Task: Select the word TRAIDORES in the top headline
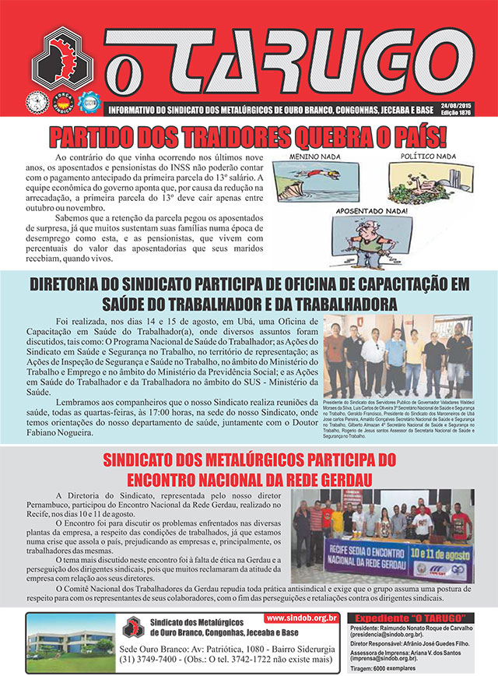(219, 138)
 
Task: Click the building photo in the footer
(71, 643)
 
